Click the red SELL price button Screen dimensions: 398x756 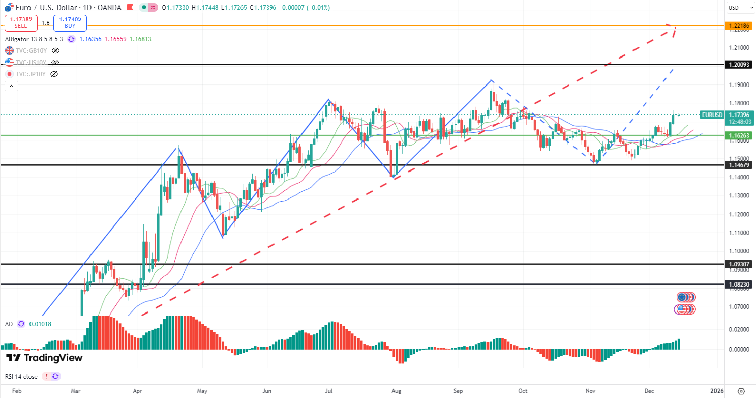20,23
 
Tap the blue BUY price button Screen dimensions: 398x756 70,23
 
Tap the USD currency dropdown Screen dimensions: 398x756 740,8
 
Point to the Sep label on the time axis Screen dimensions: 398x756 458,391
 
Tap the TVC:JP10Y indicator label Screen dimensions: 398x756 31,74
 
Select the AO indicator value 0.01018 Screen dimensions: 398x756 40,324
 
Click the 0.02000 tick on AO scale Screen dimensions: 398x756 739,329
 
